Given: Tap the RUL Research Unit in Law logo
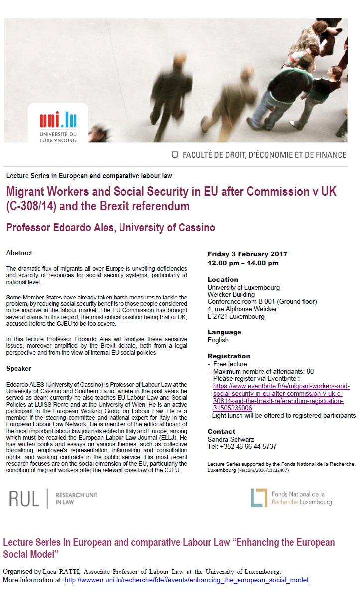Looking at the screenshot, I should tap(53, 498).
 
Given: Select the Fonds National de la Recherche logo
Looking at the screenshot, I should tap(291, 498).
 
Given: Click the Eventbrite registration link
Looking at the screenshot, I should tap(281, 397).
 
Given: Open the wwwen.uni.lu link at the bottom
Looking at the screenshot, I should tap(186, 580).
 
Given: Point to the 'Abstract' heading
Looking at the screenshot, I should tap(19, 253).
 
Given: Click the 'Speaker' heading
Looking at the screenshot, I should tap(19, 369).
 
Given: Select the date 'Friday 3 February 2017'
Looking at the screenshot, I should tap(247, 254).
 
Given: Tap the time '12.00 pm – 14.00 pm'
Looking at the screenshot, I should tap(243, 263).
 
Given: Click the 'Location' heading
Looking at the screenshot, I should tap(223, 279).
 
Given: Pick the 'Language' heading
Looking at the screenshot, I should tap(224, 332).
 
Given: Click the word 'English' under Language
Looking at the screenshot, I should tap(218, 340).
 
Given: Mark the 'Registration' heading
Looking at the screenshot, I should tap(229, 356).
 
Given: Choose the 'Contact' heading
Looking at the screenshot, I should tap(221, 431).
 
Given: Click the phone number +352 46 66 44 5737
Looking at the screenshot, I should tap(241, 446).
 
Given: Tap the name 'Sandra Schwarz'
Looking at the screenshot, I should tap(230, 439).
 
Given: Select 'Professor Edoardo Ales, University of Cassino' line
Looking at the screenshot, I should tap(111, 228).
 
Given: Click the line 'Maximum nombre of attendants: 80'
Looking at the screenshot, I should tap(263, 371).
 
